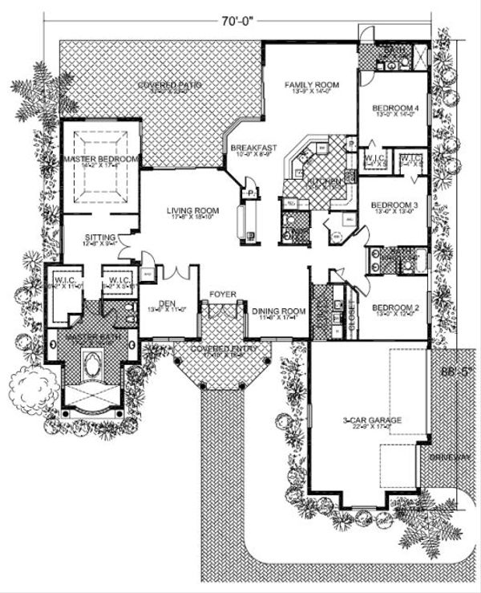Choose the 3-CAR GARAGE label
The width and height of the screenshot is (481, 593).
coord(369,420)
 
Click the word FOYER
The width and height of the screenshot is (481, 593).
coord(223,294)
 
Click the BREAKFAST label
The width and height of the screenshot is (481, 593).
coord(254,148)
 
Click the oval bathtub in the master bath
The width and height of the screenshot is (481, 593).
coord(93,374)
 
